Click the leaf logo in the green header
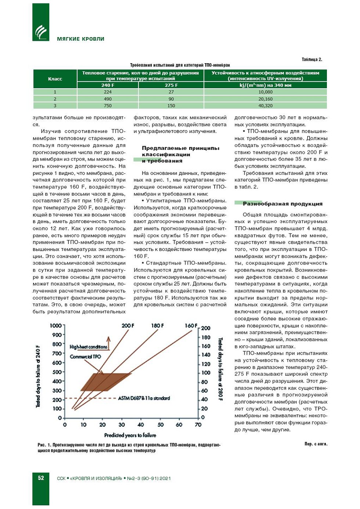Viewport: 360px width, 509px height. tap(41, 32)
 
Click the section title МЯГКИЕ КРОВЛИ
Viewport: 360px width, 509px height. tap(80, 39)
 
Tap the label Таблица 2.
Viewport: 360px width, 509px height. tap(312, 60)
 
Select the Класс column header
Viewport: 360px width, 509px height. tap(55, 79)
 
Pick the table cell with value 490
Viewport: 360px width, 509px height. tap(108, 99)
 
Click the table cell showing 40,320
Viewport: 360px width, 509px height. tap(265, 105)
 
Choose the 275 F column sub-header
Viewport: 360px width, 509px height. tap(171, 85)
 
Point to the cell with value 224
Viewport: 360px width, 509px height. tap(108, 92)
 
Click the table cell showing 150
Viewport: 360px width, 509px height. tap(171, 105)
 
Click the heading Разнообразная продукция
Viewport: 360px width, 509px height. tap(282, 204)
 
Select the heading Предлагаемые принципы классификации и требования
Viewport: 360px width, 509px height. tap(180, 154)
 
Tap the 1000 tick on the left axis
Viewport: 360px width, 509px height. tap(56, 326)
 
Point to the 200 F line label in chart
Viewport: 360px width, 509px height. tap(128, 326)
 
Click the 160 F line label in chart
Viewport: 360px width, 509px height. tap(191, 326)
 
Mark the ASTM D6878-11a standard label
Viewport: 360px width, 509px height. tap(144, 398)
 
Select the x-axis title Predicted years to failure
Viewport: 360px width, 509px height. tap(130, 435)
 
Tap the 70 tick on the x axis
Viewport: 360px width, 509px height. tap(198, 425)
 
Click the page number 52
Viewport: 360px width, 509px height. tap(41, 478)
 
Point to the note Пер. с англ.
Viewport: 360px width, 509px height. tap(316, 444)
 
